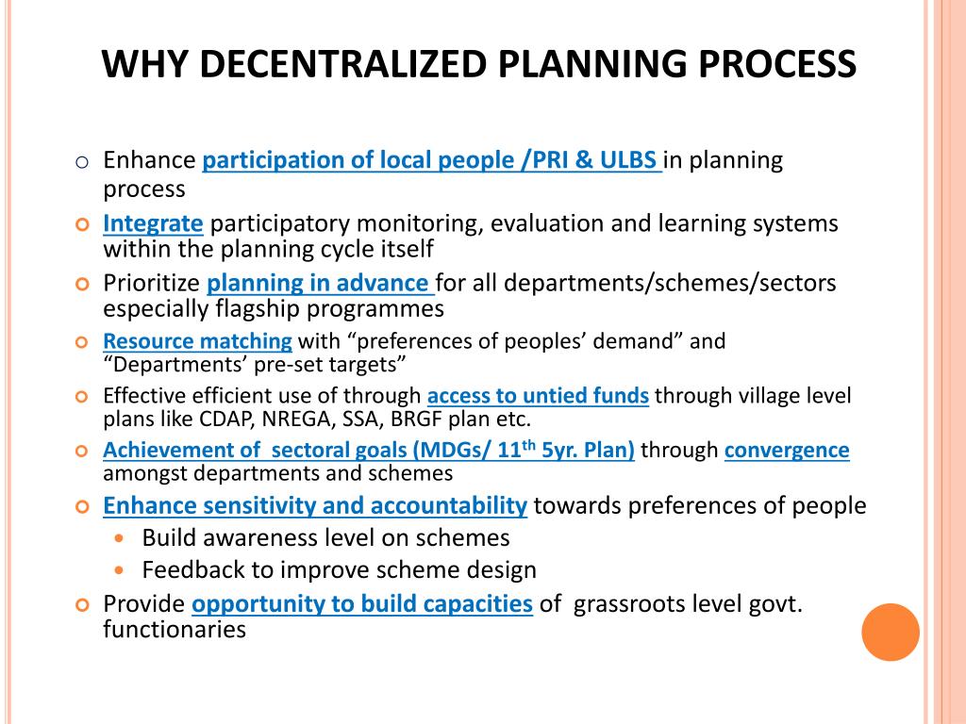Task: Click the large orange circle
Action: point(891,632)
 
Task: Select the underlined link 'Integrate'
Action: point(153,224)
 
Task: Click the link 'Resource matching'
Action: point(197,341)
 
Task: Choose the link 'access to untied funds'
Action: point(538,396)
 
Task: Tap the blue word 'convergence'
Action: point(787,451)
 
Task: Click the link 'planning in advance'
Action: point(318,283)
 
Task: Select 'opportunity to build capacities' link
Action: point(362,604)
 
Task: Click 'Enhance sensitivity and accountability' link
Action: point(314,506)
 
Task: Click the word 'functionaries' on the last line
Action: point(174,630)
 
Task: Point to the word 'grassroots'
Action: point(634,604)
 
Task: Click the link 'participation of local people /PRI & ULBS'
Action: point(432,160)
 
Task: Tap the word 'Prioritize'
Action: point(151,283)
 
